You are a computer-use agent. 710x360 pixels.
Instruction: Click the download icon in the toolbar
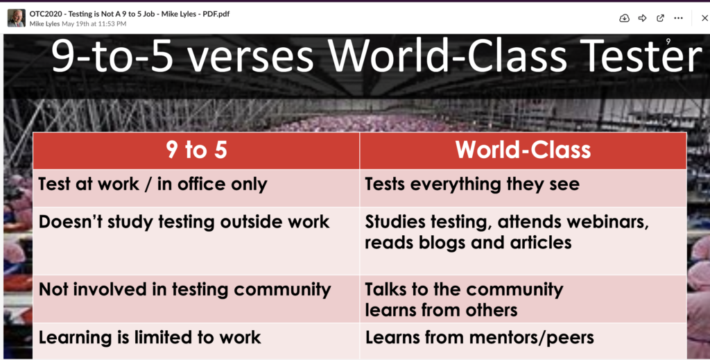point(624,18)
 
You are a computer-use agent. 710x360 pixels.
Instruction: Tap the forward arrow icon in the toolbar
point(642,18)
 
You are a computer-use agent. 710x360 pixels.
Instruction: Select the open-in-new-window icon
point(660,18)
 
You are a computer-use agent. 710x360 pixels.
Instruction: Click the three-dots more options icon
point(678,18)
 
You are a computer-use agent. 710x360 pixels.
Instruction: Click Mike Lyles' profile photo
point(17,18)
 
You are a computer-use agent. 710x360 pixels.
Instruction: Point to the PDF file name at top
point(130,14)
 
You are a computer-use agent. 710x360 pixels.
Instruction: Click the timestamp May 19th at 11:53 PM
point(94,24)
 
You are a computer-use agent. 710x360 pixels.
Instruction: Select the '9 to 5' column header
point(196,150)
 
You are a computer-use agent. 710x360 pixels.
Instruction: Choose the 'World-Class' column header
point(523,150)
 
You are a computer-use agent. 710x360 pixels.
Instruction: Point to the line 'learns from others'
point(441,310)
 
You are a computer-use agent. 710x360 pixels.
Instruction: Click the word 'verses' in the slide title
point(250,56)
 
